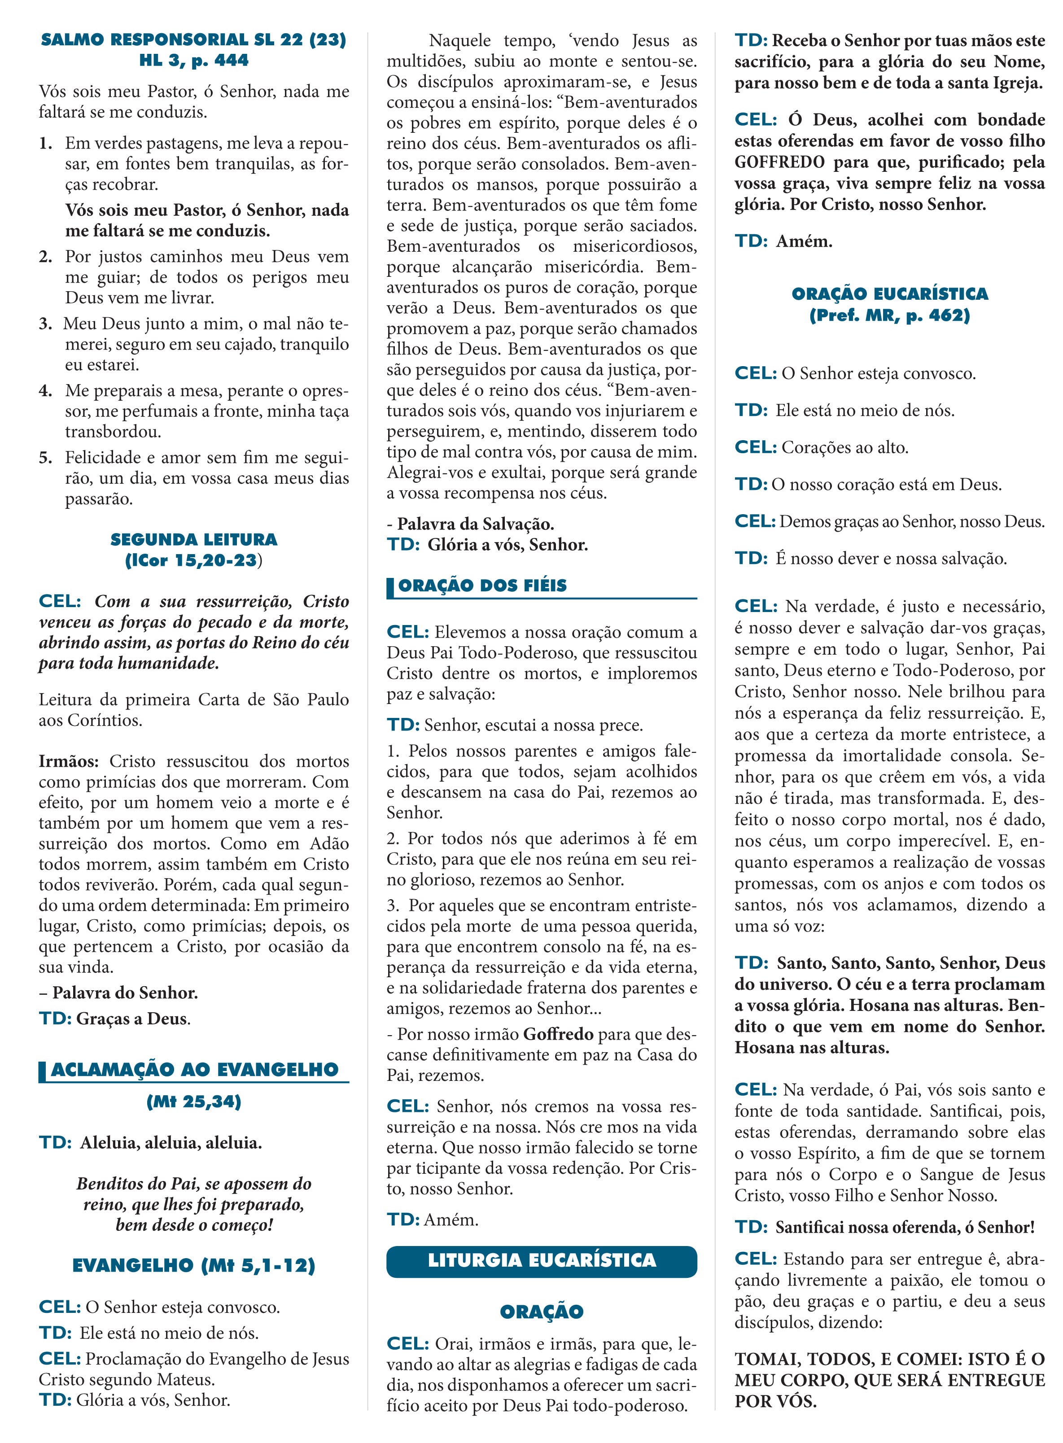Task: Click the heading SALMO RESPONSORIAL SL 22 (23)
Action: (x=193, y=40)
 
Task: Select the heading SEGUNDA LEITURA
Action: (x=193, y=539)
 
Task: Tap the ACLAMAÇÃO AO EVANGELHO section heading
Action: (x=194, y=1069)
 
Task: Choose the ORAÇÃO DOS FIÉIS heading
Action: (x=483, y=586)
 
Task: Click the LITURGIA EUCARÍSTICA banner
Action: (x=541, y=1259)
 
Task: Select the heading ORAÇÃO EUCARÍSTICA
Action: (x=889, y=294)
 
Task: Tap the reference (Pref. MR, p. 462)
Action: (x=889, y=315)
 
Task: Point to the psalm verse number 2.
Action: (x=45, y=257)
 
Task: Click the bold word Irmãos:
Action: (x=69, y=761)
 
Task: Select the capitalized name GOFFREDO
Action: (x=779, y=162)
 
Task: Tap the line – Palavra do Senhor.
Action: (x=118, y=993)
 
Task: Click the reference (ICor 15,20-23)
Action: (x=193, y=560)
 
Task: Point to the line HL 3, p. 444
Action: (x=193, y=61)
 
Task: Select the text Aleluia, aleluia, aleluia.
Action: (x=171, y=1143)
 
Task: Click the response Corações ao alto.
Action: (x=844, y=448)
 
